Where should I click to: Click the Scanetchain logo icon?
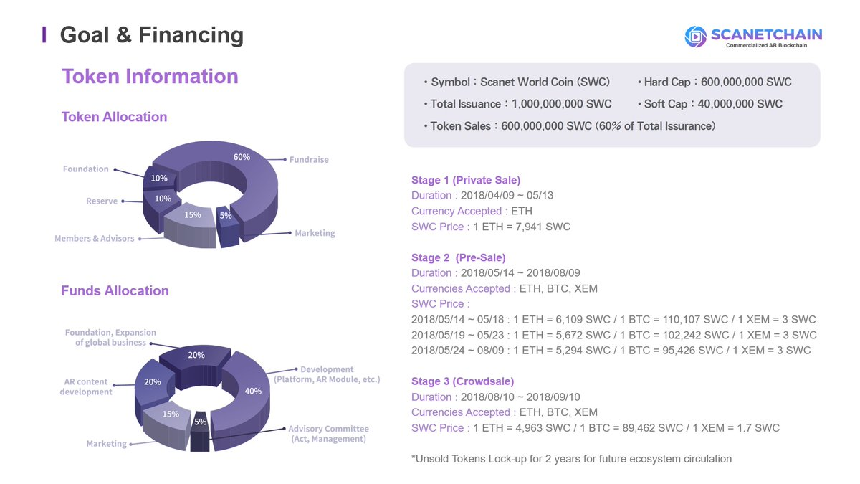click(695, 37)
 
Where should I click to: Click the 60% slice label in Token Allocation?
click(242, 157)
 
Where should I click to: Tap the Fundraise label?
click(309, 159)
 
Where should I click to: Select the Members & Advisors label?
click(95, 238)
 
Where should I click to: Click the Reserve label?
click(102, 201)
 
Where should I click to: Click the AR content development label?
click(86, 386)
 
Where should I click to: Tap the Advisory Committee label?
click(328, 433)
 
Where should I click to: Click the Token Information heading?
click(150, 76)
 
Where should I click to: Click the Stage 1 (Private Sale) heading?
click(466, 180)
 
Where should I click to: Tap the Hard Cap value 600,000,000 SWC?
click(746, 82)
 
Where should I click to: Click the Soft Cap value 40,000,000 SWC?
click(740, 104)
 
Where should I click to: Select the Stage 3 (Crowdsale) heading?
click(463, 381)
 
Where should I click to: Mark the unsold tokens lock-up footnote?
click(571, 459)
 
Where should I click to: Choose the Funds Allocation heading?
click(115, 290)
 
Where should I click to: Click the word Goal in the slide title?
click(85, 34)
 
